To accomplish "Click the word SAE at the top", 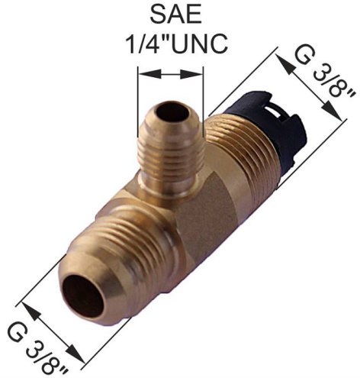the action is [x=175, y=15].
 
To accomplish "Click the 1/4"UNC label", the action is [x=178, y=44].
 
